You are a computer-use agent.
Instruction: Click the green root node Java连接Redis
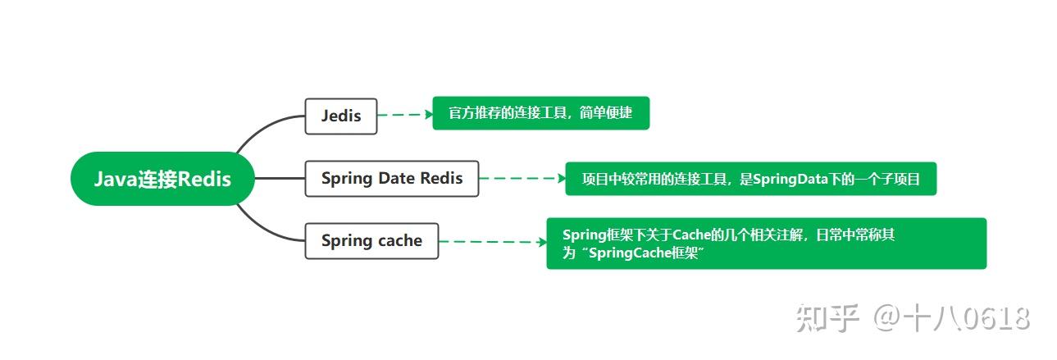click(162, 179)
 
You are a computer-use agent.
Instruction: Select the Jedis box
click(340, 116)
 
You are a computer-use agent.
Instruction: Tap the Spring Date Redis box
click(391, 178)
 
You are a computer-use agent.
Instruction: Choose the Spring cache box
click(371, 241)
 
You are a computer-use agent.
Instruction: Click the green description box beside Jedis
click(540, 113)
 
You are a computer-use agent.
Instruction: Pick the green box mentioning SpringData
click(750, 179)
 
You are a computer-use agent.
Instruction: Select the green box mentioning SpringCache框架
click(766, 244)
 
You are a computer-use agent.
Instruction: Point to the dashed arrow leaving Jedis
click(405, 116)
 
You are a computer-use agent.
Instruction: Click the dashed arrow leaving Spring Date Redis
click(522, 178)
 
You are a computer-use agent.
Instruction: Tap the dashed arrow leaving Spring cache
click(492, 242)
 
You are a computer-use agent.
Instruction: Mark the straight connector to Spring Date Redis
click(279, 178)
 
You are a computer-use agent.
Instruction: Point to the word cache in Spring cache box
click(399, 241)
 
